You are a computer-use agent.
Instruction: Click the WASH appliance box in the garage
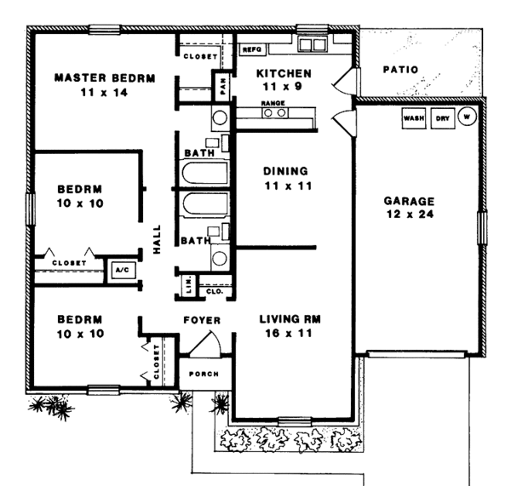coord(414,118)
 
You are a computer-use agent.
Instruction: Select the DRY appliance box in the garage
coord(443,118)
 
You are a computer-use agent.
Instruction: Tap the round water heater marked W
coord(467,117)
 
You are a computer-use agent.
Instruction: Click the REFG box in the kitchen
coord(252,49)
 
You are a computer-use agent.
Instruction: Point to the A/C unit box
coord(123,270)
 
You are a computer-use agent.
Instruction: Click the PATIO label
coord(400,70)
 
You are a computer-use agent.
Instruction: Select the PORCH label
coord(204,374)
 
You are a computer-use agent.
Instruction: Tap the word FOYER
coord(202,320)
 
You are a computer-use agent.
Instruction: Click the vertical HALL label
coord(157,239)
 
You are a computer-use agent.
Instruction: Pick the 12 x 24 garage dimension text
coord(410,214)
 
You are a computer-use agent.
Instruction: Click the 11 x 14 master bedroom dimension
coord(104,93)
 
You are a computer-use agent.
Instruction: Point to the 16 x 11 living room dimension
coord(289,334)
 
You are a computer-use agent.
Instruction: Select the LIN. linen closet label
coord(189,285)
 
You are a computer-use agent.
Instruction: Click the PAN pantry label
coord(223,86)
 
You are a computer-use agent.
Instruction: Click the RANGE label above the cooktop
coord(273,103)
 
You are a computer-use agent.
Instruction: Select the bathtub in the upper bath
coord(204,173)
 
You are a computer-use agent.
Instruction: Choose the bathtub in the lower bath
coord(205,204)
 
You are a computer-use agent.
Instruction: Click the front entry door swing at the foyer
coord(206,343)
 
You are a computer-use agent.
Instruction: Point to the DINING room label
coord(285,171)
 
